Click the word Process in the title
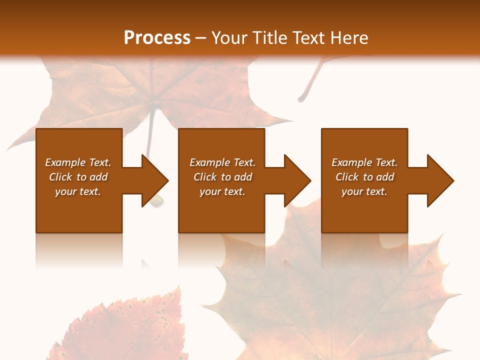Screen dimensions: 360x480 157,38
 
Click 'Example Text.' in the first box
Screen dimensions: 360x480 78,162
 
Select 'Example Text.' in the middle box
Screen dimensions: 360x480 222,162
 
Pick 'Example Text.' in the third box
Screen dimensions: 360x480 364,162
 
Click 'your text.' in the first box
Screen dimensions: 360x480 78,191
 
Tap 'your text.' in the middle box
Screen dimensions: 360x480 222,191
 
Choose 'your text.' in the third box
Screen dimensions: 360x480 364,191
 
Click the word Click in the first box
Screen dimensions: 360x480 61,177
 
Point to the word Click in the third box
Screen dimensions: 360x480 347,177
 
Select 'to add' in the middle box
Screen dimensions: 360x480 236,177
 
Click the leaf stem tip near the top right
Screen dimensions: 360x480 301,99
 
